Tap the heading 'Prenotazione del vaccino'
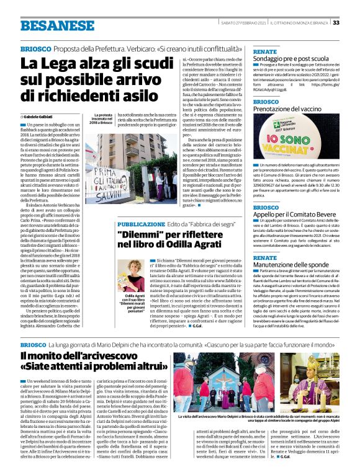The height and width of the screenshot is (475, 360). point(289,109)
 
